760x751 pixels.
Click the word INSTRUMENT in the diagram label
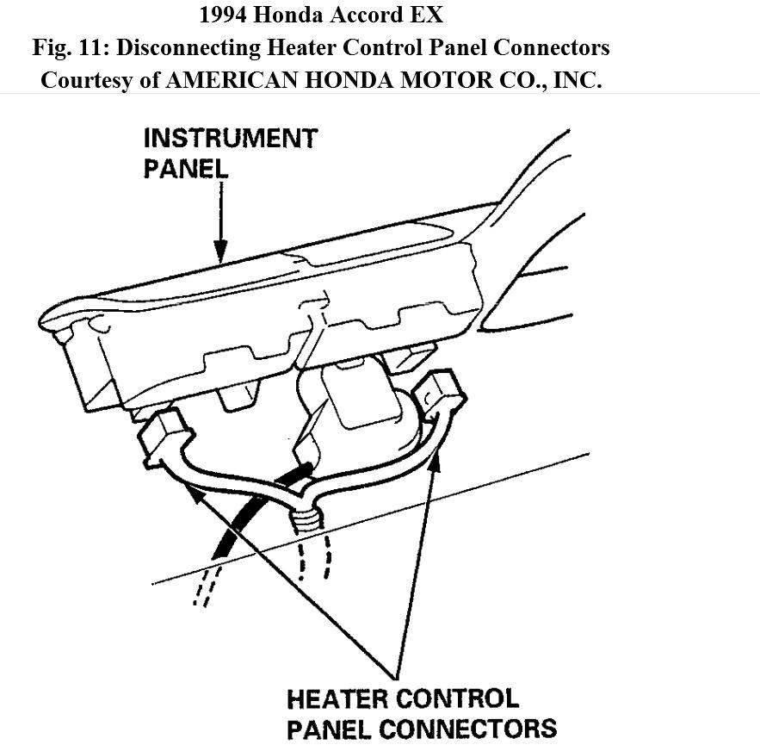(230, 139)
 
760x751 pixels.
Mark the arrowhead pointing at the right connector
(434, 456)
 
